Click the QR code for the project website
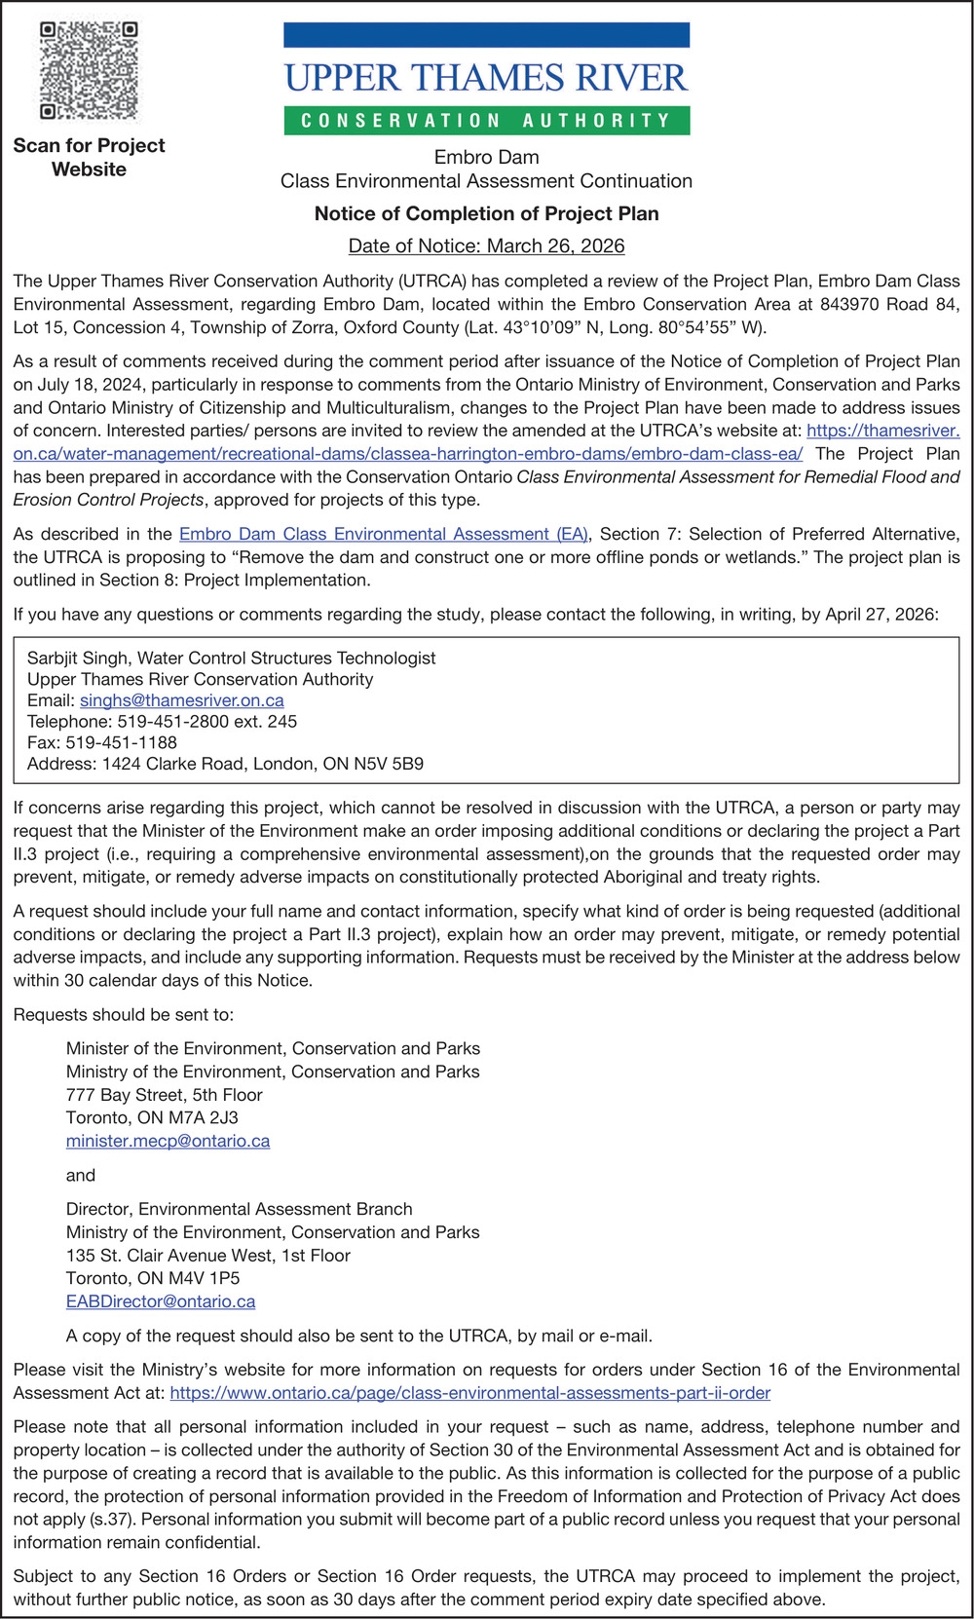click(88, 71)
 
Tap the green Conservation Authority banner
click(486, 121)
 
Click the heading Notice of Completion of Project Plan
click(486, 213)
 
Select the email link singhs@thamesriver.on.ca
click(182, 700)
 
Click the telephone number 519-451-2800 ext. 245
click(207, 722)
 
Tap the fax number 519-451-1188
click(121, 742)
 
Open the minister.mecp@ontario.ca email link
click(168, 1141)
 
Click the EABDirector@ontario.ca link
click(161, 1301)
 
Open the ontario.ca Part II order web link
click(469, 1393)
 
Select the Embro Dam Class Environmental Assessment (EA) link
click(384, 534)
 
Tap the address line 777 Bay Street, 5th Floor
click(164, 1095)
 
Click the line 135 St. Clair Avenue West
click(207, 1256)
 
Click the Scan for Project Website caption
click(89, 157)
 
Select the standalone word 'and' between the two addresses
click(81, 1175)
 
